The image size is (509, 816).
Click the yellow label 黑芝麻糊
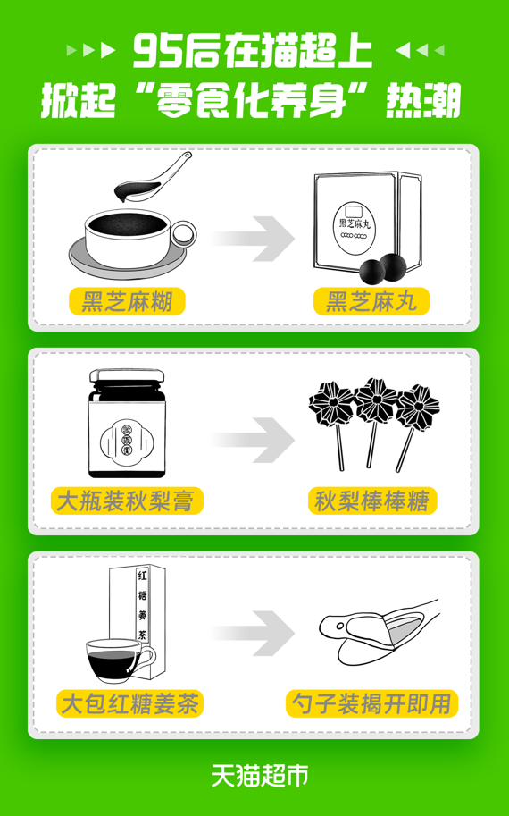click(127, 301)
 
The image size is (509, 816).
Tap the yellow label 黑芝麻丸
click(371, 301)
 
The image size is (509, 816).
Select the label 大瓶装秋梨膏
click(126, 501)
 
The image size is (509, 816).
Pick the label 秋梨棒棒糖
click(372, 501)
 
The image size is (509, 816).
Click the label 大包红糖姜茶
click(129, 703)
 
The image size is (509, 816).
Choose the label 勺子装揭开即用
click(371, 703)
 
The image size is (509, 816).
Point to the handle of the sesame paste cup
click(185, 234)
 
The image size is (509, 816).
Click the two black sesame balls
click(385, 268)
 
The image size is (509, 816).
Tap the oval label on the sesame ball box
click(355, 224)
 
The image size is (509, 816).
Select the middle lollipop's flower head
click(376, 400)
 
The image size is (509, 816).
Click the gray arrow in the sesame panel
click(254, 239)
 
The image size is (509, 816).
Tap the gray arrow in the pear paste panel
click(254, 441)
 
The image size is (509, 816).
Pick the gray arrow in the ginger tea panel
click(254, 634)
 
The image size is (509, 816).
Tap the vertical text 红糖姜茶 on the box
click(142, 605)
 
